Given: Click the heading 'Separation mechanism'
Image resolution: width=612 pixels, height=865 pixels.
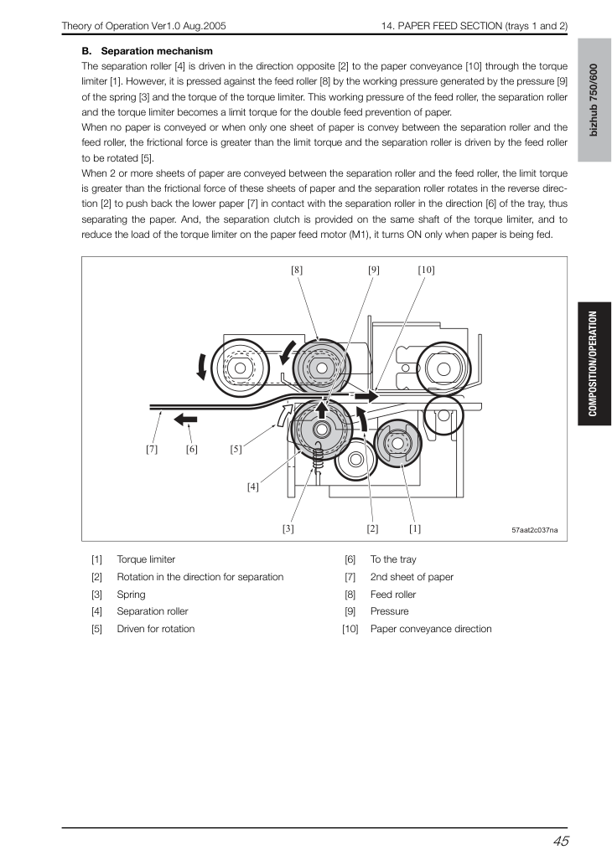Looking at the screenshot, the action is pos(157,51).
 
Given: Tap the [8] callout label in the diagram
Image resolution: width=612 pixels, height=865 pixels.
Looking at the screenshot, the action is pos(297,270).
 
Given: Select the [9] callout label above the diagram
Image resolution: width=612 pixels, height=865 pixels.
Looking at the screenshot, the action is pos(373,270).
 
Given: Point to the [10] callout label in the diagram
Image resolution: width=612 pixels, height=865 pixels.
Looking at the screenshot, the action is pos(426,270).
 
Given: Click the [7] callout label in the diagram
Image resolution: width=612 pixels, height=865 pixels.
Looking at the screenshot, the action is pos(152,449).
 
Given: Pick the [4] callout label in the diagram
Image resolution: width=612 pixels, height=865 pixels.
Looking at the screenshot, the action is pos(252,487).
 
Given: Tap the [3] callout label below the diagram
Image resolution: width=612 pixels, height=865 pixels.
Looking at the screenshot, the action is pos(288,528).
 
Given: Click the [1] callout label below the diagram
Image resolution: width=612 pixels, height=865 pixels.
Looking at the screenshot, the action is pos(415,528).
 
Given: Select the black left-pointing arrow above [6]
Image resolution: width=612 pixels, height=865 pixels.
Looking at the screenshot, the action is pos(185,420).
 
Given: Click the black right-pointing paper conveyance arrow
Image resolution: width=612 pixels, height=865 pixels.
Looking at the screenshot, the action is pos(366,396).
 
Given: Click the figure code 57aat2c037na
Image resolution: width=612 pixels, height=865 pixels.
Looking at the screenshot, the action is pos(535,530).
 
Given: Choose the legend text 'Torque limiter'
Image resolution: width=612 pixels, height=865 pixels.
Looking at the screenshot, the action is pos(146,559).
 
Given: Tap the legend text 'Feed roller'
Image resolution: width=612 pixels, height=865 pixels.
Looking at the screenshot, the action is pos(392,595).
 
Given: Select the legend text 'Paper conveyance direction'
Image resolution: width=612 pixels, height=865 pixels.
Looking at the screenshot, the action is pos(431,629).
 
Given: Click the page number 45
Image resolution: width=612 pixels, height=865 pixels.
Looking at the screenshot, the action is pos(561,841).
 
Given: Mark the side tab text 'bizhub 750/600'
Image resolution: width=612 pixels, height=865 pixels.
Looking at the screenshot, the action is pos(594,100).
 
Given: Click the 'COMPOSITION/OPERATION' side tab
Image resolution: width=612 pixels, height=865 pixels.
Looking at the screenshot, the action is pos(594,363).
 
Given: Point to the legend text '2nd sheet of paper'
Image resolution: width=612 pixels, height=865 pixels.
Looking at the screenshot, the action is pos(412,577).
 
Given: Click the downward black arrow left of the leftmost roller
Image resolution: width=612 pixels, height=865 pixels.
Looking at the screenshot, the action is pos(202,366).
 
